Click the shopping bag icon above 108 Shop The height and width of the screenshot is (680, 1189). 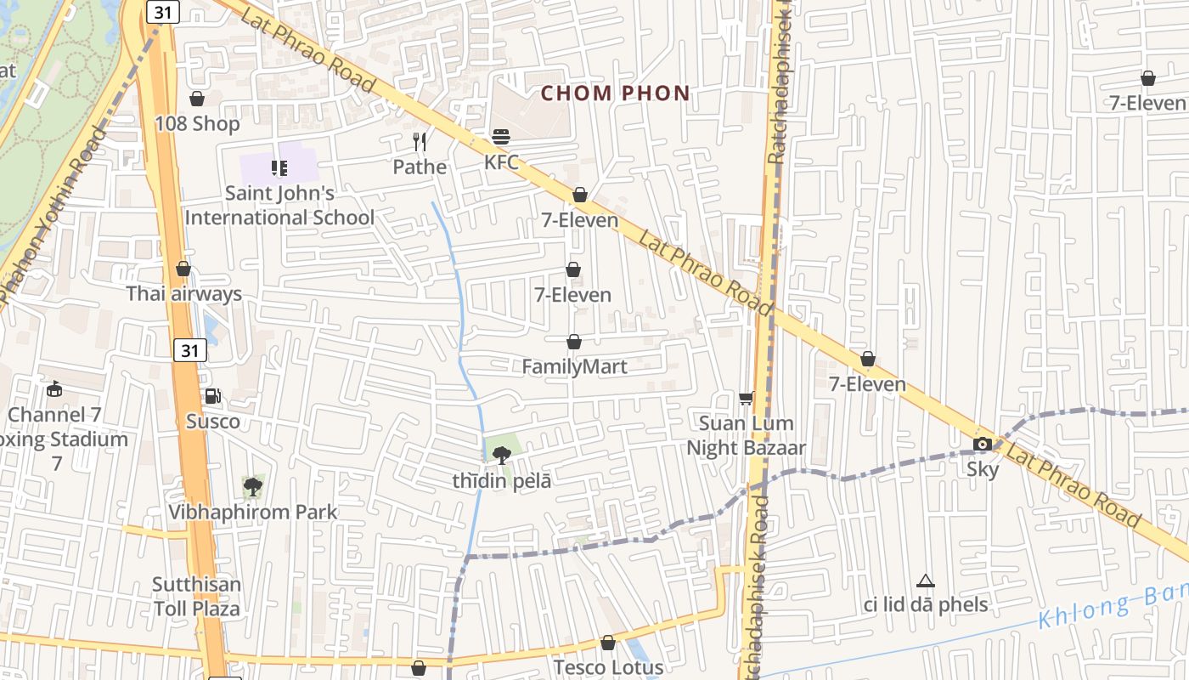click(197, 99)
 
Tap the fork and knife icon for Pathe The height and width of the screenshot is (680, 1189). click(419, 141)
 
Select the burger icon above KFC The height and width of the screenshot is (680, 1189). click(501, 136)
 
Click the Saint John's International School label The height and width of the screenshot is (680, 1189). click(279, 205)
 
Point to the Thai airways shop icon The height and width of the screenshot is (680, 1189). click(183, 269)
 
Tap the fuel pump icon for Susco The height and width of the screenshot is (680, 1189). click(212, 395)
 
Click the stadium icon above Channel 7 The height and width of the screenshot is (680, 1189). click(55, 388)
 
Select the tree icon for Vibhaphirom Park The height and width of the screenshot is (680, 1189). click(252, 487)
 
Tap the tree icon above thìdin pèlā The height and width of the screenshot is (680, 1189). click(501, 455)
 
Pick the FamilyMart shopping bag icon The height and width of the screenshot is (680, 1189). click(574, 342)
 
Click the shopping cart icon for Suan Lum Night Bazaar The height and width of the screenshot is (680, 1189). click(746, 398)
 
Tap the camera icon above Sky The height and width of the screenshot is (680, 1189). click(982, 444)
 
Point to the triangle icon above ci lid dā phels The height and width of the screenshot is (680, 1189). click(926, 581)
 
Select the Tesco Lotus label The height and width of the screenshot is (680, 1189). click(607, 667)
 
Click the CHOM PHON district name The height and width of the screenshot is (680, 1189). click(615, 93)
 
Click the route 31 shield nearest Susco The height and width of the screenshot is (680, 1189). click(190, 349)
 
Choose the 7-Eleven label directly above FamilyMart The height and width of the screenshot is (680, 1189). click(572, 295)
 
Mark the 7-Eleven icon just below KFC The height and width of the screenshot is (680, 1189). click(580, 195)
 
